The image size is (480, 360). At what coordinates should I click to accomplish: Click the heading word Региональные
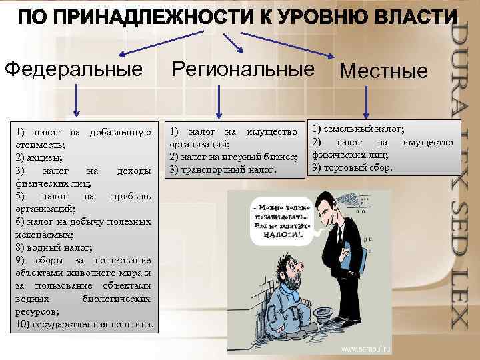point(243,68)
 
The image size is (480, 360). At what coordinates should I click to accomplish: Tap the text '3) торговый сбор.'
point(353,167)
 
